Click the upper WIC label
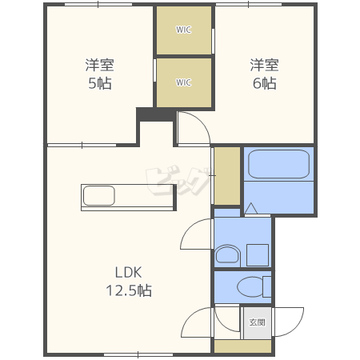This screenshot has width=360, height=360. tap(183, 30)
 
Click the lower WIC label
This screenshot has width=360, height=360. tap(183, 82)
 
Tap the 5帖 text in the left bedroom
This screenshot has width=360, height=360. tap(100, 83)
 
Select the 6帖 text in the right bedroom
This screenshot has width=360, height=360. tap(265, 83)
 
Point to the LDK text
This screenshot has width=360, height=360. tap(128, 273)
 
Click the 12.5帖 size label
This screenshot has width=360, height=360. tap(129, 290)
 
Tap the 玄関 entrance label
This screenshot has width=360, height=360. tap(257, 322)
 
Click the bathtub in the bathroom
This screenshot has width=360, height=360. tap(278, 164)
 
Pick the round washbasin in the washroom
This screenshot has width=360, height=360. tap(227, 254)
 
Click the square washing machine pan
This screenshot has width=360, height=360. tap(258, 255)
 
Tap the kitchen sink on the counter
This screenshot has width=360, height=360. tap(99, 196)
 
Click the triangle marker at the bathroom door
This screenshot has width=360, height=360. tap(251, 209)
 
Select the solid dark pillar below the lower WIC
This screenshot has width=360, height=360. tap(156, 114)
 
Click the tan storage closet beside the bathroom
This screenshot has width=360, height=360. tap(227, 176)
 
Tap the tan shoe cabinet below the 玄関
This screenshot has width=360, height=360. tap(242, 346)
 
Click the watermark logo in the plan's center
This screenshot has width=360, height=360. tap(178, 181)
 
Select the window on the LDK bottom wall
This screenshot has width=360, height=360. tap(138, 354)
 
